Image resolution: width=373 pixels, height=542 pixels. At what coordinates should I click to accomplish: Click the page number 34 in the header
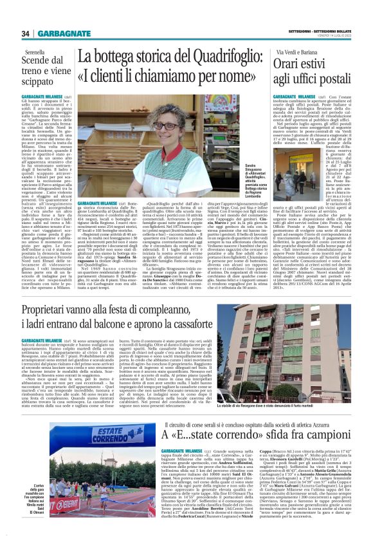coord(26,33)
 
